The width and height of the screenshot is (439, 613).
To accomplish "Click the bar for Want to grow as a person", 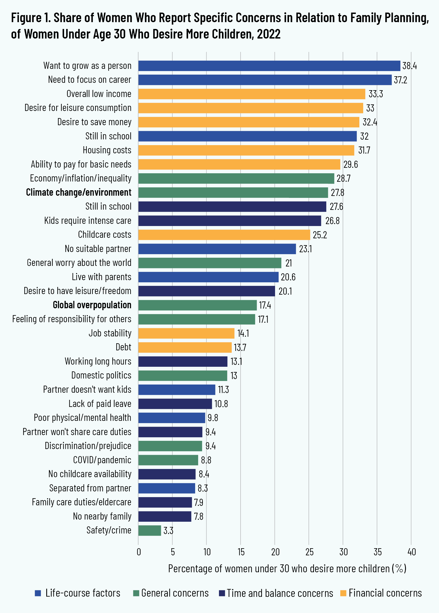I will [x=269, y=66].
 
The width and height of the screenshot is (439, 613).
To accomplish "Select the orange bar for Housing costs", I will [x=246, y=150].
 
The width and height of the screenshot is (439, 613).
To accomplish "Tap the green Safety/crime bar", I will [x=149, y=530].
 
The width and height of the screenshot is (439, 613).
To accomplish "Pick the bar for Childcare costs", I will [x=224, y=235].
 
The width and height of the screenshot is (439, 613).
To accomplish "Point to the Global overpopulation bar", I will [x=197, y=305].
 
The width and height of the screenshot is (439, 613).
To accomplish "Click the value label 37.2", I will [x=400, y=80].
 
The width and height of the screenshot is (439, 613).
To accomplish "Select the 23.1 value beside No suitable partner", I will [x=305, y=249].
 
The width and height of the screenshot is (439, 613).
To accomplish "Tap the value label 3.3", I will [x=168, y=531].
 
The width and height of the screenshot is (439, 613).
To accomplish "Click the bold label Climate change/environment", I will [x=79, y=192].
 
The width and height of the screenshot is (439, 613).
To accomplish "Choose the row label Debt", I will [x=123, y=347].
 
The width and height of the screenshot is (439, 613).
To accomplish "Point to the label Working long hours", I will [x=98, y=361].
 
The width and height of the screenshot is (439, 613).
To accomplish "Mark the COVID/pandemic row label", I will [x=102, y=460].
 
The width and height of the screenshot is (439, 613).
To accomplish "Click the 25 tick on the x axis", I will [x=309, y=552].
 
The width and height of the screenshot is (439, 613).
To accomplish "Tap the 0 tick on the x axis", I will [x=139, y=552].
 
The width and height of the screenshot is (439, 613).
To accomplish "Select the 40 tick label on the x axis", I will [x=411, y=552].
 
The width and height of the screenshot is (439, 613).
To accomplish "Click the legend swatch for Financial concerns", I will [x=343, y=593].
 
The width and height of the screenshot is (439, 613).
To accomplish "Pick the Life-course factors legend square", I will [x=38, y=593].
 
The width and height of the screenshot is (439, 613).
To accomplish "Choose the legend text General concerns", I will [x=175, y=593].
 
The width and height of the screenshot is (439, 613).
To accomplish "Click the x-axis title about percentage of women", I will [x=287, y=569].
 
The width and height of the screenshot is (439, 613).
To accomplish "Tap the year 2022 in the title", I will [x=269, y=34].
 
